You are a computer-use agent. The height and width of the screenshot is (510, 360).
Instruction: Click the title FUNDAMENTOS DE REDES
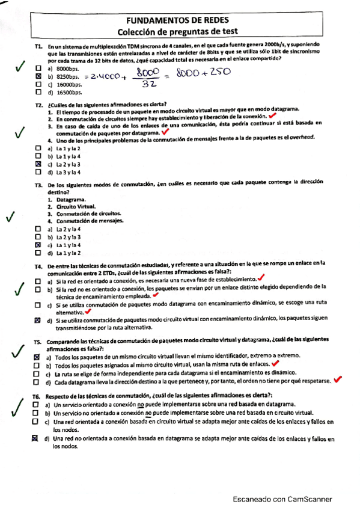pos(178,20)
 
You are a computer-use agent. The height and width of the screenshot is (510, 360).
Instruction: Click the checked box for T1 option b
pos(38,77)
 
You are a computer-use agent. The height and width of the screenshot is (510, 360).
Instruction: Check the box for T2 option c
pos(38,164)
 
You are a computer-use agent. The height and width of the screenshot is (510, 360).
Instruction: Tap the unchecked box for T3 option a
pos(38,229)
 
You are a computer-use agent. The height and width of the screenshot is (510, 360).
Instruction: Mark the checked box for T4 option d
pos(38,321)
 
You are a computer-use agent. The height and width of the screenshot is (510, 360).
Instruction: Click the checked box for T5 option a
pos(38,357)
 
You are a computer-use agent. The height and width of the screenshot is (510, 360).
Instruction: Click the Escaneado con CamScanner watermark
pos(282,499)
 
